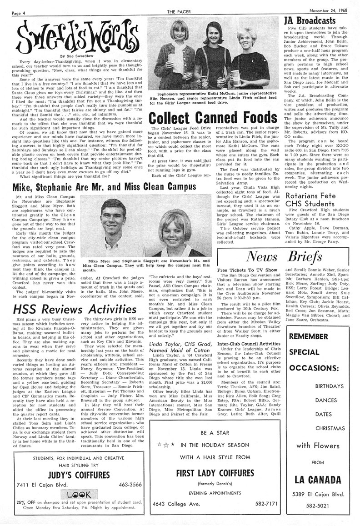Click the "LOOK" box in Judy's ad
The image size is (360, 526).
pyautogui.click(x=73, y=494)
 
